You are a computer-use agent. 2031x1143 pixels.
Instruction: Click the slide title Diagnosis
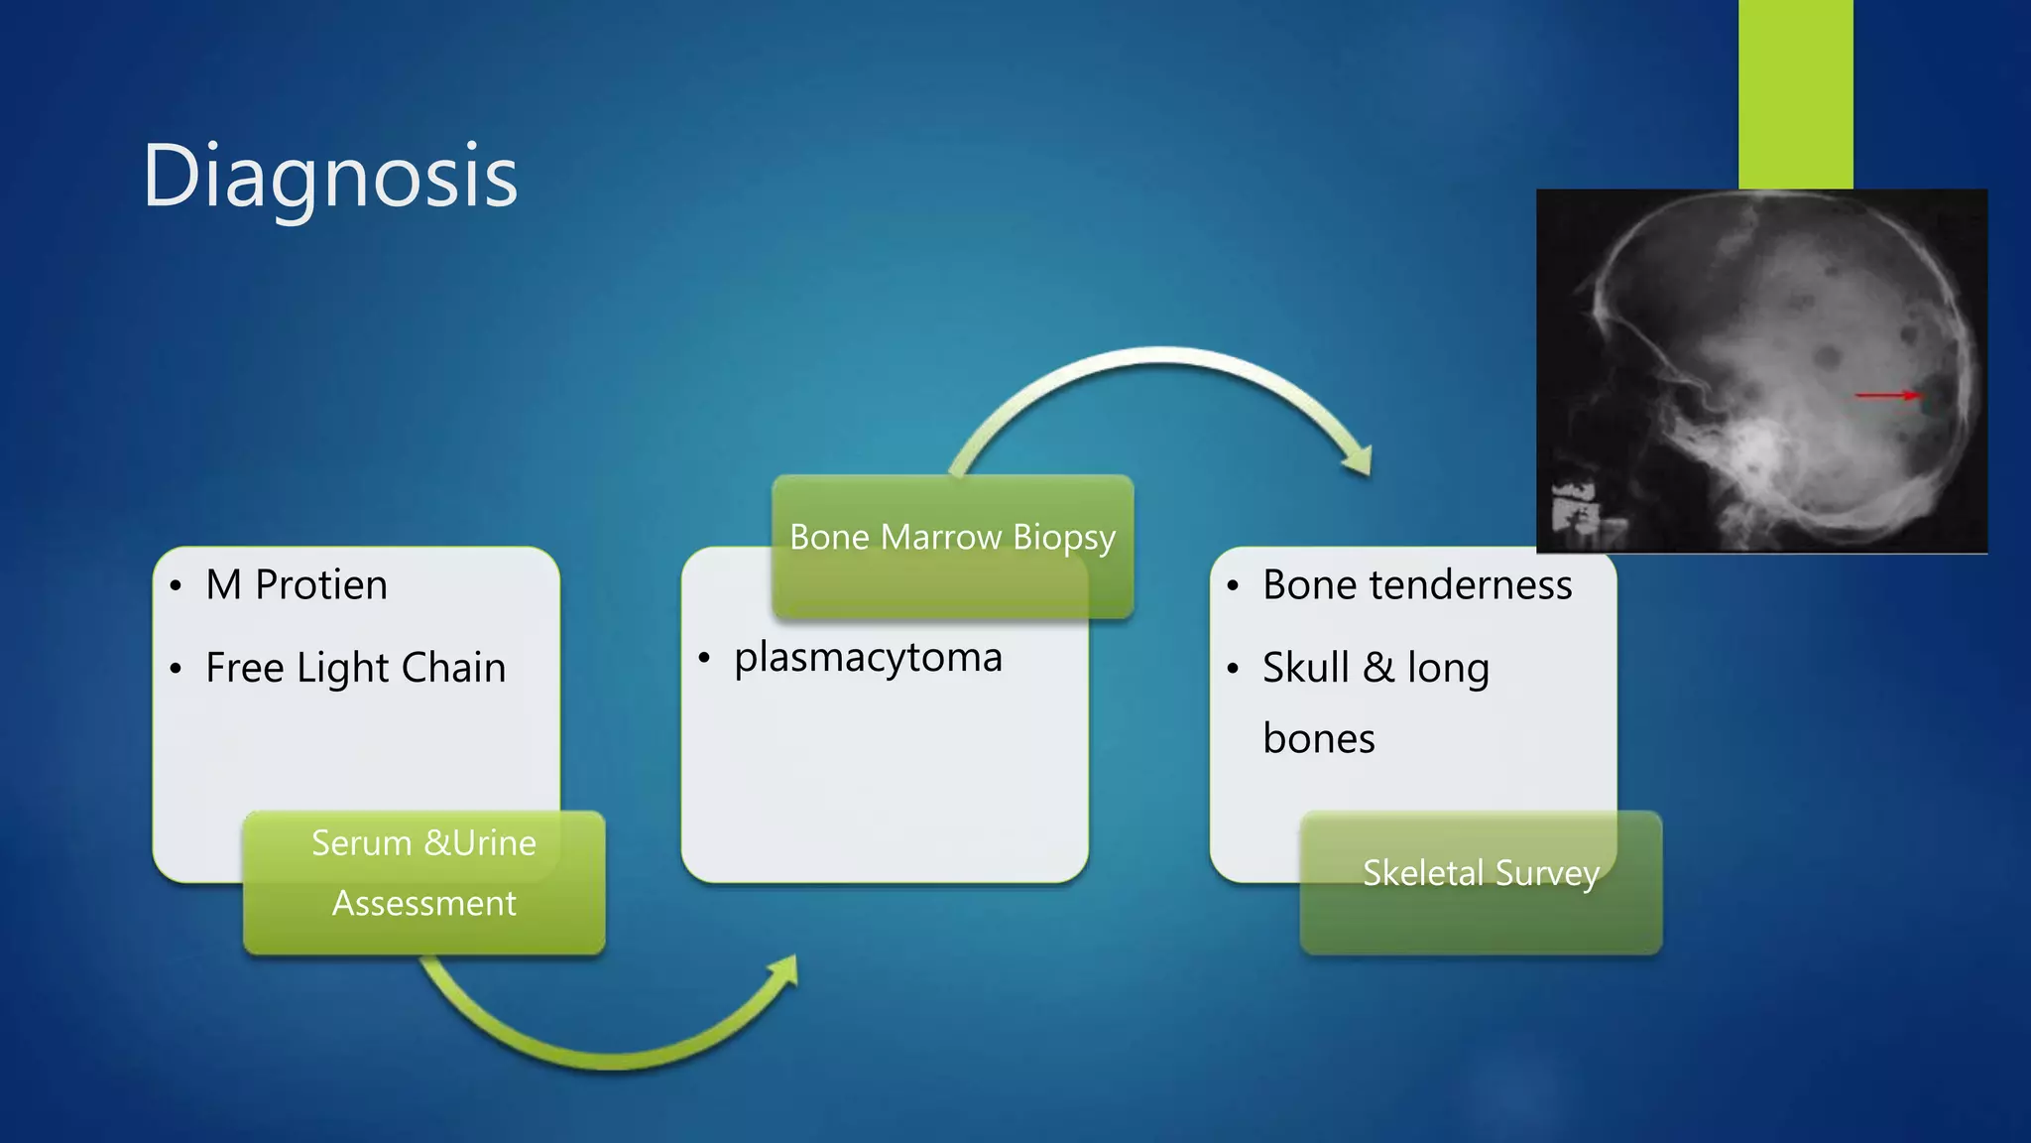(x=329, y=177)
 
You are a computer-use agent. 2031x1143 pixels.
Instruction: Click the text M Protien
(x=296, y=585)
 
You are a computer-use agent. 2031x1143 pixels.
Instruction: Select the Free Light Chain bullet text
(x=355, y=668)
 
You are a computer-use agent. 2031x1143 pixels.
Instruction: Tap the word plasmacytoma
(x=868, y=658)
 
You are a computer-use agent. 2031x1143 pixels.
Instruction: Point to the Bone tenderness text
(x=1416, y=585)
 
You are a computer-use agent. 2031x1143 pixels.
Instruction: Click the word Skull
(x=1305, y=668)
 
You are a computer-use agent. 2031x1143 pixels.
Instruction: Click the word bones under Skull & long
(x=1319, y=739)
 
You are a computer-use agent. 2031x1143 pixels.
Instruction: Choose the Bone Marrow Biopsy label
(x=952, y=538)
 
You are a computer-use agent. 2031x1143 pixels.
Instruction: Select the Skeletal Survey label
(x=1481, y=873)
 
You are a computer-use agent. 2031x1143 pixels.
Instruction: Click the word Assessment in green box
(x=423, y=904)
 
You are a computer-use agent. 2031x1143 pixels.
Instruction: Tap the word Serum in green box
(x=361, y=843)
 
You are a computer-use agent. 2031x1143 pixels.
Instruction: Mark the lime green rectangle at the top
(x=1795, y=94)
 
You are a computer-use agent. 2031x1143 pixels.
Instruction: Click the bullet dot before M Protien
(x=176, y=586)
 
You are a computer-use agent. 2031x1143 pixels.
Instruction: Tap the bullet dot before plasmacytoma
(x=704, y=659)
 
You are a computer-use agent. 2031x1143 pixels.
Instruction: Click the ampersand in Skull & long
(x=1377, y=668)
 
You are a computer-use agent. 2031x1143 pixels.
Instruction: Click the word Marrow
(x=940, y=538)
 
